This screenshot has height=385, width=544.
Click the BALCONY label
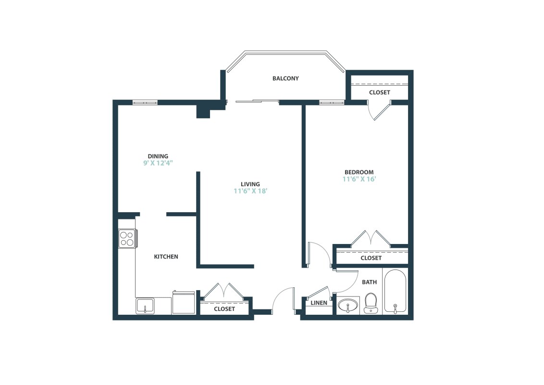click(285, 78)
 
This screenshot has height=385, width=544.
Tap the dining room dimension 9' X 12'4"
click(158, 163)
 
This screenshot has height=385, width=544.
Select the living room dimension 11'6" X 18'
click(250, 191)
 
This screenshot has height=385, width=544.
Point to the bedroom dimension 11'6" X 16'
click(359, 179)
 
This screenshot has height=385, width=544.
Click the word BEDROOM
click(359, 172)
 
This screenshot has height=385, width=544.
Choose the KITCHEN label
click(166, 257)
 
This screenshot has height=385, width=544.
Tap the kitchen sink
click(145, 306)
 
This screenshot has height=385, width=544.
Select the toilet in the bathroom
click(371, 304)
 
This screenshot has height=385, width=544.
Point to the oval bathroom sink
click(347, 305)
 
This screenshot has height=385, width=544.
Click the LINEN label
click(319, 303)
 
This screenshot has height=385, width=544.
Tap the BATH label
click(369, 282)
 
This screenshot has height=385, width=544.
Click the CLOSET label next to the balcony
click(379, 92)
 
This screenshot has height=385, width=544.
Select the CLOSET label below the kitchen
click(224, 309)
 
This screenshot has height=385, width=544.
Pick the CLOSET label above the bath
click(371, 258)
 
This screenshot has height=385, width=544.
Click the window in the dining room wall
click(145, 102)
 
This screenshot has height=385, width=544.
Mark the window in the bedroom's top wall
click(332, 102)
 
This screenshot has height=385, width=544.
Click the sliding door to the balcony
click(257, 101)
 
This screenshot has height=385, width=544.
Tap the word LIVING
click(250, 184)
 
